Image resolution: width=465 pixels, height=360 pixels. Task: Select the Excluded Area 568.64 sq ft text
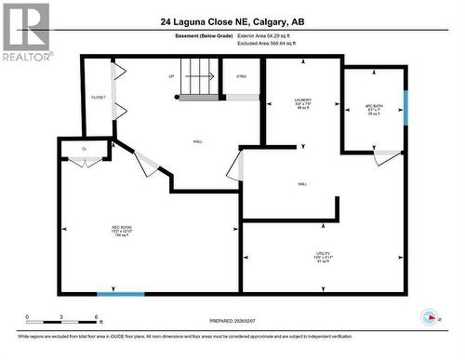272,43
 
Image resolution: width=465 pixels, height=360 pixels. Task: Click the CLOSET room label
98,98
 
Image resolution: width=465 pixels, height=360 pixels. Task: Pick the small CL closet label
84,148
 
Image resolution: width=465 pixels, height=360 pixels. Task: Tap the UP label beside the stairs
171,76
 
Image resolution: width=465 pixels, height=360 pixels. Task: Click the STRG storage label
242,76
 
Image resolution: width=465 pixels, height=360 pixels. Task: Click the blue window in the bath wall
405,106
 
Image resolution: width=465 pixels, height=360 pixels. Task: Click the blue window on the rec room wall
121,295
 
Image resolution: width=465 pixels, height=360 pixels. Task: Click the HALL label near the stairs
198,141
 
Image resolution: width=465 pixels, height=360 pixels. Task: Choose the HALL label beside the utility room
303,184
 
